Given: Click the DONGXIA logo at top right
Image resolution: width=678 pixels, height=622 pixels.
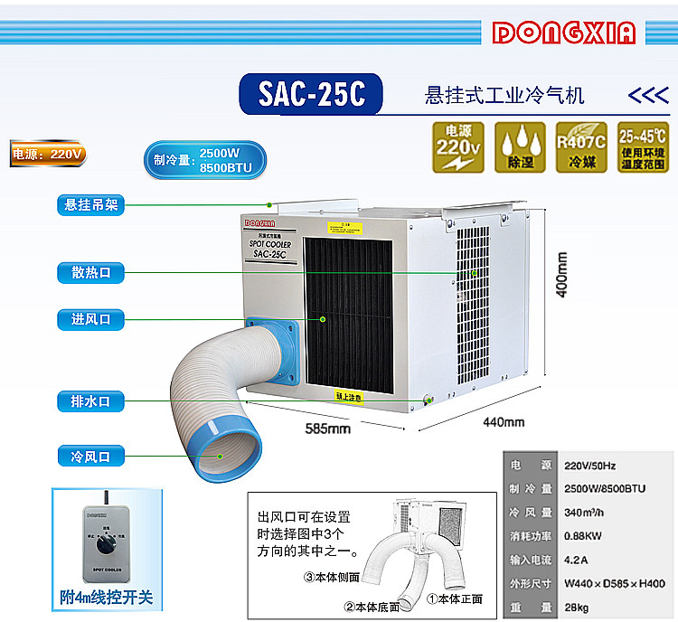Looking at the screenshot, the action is click(564, 33).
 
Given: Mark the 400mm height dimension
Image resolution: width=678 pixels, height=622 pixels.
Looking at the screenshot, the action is click(560, 274).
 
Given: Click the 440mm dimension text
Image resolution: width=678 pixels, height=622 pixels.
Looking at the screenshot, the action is click(503, 421).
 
